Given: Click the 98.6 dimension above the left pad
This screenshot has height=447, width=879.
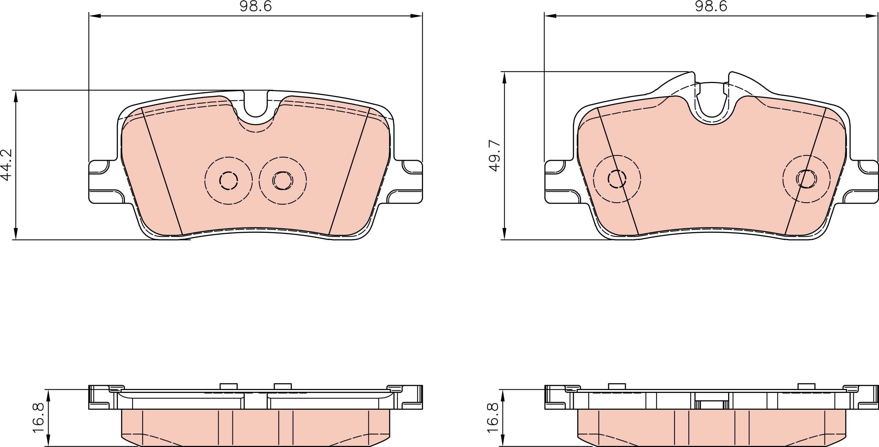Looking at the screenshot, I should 256,6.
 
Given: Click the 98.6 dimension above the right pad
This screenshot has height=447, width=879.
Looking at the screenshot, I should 711,6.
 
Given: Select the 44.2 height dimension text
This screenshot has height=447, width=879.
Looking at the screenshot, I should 7,165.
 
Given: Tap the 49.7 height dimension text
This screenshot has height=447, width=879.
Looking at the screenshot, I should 495,155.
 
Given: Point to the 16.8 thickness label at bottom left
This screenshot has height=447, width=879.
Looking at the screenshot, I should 38,418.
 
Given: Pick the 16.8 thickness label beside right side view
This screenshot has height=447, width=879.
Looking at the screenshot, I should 493,418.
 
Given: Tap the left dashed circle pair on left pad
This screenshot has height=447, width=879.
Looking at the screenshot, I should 229,180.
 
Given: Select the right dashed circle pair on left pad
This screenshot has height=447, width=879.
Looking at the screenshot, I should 283,180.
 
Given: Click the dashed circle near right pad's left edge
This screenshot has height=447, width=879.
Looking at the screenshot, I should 617,179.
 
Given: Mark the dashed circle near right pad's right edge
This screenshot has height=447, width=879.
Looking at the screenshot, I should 807,179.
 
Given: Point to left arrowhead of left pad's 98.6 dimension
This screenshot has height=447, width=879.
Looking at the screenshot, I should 95,16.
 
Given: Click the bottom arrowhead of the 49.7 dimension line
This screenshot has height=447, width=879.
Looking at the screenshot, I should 504,234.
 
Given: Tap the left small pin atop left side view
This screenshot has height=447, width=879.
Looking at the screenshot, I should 229,386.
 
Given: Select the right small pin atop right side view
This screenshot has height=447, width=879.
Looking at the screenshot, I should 807,386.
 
